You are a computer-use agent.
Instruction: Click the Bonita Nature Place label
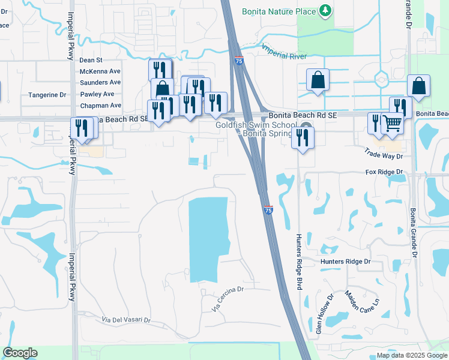point(279,11)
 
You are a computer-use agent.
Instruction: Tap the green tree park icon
point(325,10)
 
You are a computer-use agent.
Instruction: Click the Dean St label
point(91,60)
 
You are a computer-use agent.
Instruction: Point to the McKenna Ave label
point(100,71)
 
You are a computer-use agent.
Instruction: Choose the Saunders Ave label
point(100,82)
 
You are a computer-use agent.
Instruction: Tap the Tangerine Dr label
point(47,95)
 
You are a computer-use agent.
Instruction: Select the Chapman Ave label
point(100,106)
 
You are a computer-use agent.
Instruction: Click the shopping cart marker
point(392,123)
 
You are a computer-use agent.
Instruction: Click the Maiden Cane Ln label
point(362,305)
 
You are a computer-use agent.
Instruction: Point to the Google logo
point(20,353)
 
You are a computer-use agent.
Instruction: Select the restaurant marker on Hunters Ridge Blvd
point(302,138)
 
